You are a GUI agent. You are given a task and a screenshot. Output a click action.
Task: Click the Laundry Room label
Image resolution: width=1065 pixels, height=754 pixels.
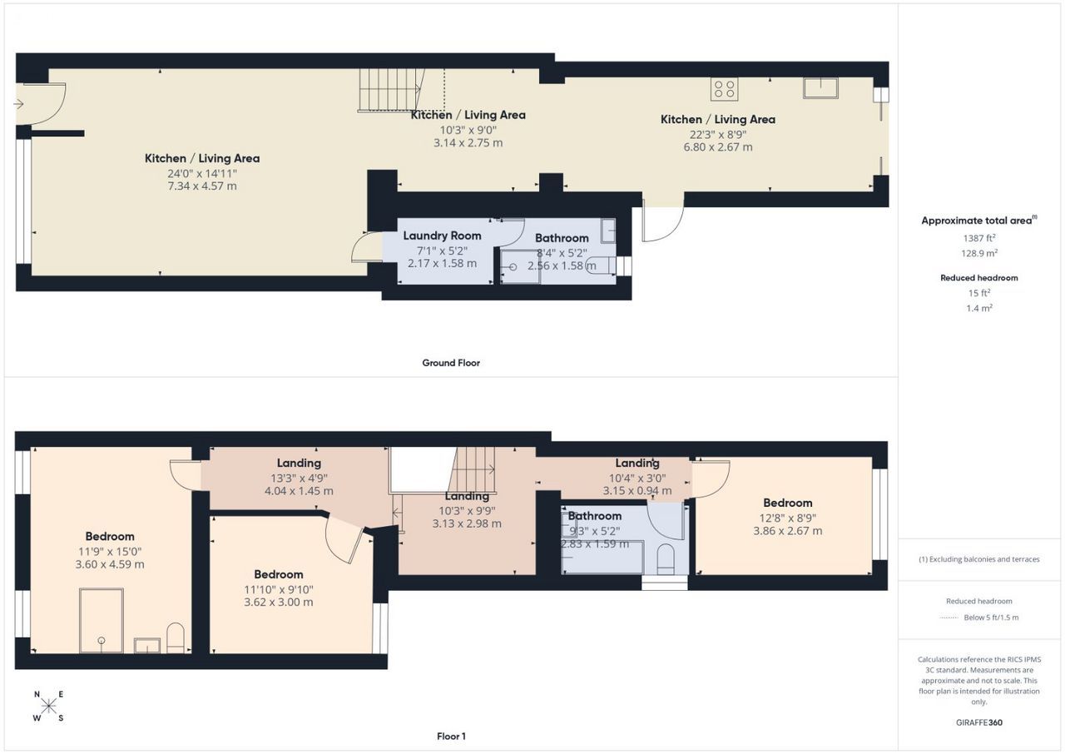pos(442,236)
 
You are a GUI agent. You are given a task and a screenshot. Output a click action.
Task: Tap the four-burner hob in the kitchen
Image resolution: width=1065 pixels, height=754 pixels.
pos(724,89)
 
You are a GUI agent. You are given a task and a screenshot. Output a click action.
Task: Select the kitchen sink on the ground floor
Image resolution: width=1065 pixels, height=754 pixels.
pos(820,88)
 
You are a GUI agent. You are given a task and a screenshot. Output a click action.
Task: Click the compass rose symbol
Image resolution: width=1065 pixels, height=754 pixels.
pos(48,706)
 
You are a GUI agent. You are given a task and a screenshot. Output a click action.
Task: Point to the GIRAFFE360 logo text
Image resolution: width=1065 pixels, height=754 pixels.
pos(979,722)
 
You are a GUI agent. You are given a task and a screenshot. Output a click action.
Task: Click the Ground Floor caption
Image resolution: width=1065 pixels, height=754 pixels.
pos(451,363)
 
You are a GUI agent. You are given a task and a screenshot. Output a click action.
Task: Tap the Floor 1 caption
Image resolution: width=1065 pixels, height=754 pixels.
pos(451,737)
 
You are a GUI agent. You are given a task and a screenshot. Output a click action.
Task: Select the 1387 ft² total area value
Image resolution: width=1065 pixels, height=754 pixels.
pos(979,238)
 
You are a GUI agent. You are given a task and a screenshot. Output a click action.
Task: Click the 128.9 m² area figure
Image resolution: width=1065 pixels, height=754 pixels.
pos(979,253)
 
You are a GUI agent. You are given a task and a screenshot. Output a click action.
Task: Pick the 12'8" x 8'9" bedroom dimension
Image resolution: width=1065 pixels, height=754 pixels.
pos(787,518)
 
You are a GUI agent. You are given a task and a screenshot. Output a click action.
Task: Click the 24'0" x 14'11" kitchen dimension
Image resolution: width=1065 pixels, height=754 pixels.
pos(202,173)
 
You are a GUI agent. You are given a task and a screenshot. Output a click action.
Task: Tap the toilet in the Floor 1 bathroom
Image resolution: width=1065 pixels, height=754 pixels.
pos(665,559)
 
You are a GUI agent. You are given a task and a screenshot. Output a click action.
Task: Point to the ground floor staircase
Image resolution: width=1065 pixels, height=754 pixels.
pos(391,91)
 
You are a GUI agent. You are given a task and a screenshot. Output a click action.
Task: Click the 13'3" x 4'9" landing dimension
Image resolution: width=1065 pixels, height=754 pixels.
pos(299,478)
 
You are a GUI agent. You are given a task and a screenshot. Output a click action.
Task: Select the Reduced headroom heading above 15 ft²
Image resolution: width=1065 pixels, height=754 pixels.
pos(979,278)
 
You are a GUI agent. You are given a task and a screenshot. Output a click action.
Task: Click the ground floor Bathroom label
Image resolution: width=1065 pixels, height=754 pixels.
pos(562,238)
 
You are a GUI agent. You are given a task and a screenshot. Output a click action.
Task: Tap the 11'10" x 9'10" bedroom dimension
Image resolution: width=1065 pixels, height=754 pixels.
pos(279,589)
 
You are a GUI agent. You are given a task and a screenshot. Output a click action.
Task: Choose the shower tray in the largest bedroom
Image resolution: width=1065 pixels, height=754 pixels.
pos(102,621)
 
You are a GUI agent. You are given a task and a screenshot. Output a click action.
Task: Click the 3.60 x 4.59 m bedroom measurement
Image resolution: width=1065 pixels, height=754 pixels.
pos(110,564)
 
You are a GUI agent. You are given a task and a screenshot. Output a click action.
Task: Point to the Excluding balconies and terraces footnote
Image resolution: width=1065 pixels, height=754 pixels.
pos(979,559)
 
